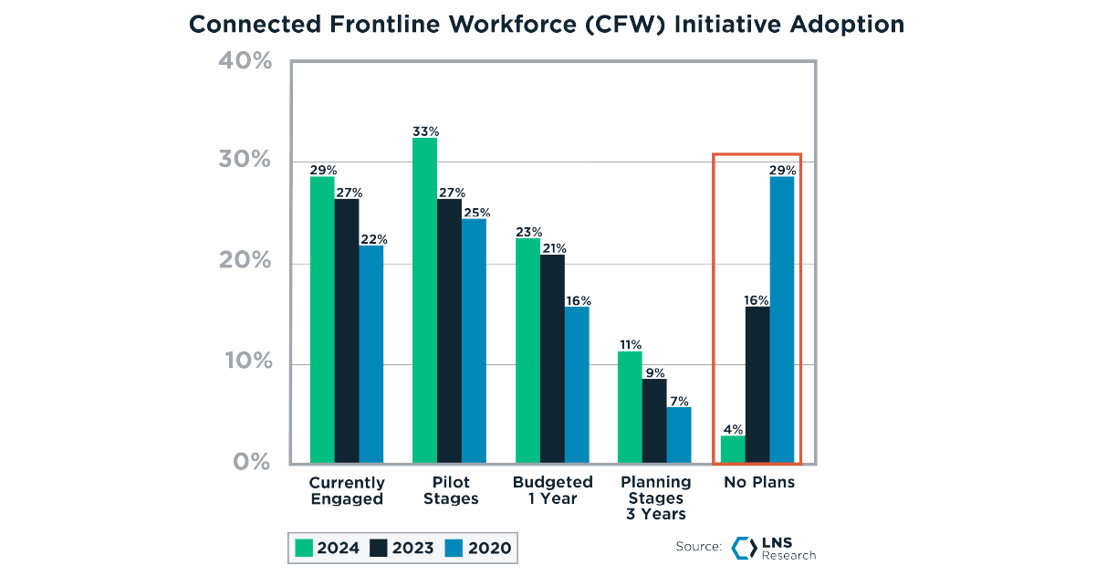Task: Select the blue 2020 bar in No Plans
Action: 782,319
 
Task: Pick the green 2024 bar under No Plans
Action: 733,448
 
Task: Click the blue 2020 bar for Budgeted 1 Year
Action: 577,384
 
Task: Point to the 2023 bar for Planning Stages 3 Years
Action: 654,420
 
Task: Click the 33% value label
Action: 424,131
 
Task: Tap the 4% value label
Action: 733,429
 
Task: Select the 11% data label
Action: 630,344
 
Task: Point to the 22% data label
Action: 372,239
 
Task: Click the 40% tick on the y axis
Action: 244,61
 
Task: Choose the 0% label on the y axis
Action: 251,462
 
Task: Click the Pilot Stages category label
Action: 451,490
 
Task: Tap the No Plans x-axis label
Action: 759,482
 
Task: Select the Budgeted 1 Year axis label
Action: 552,490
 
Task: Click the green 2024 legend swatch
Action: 304,549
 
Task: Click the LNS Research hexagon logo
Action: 742,547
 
